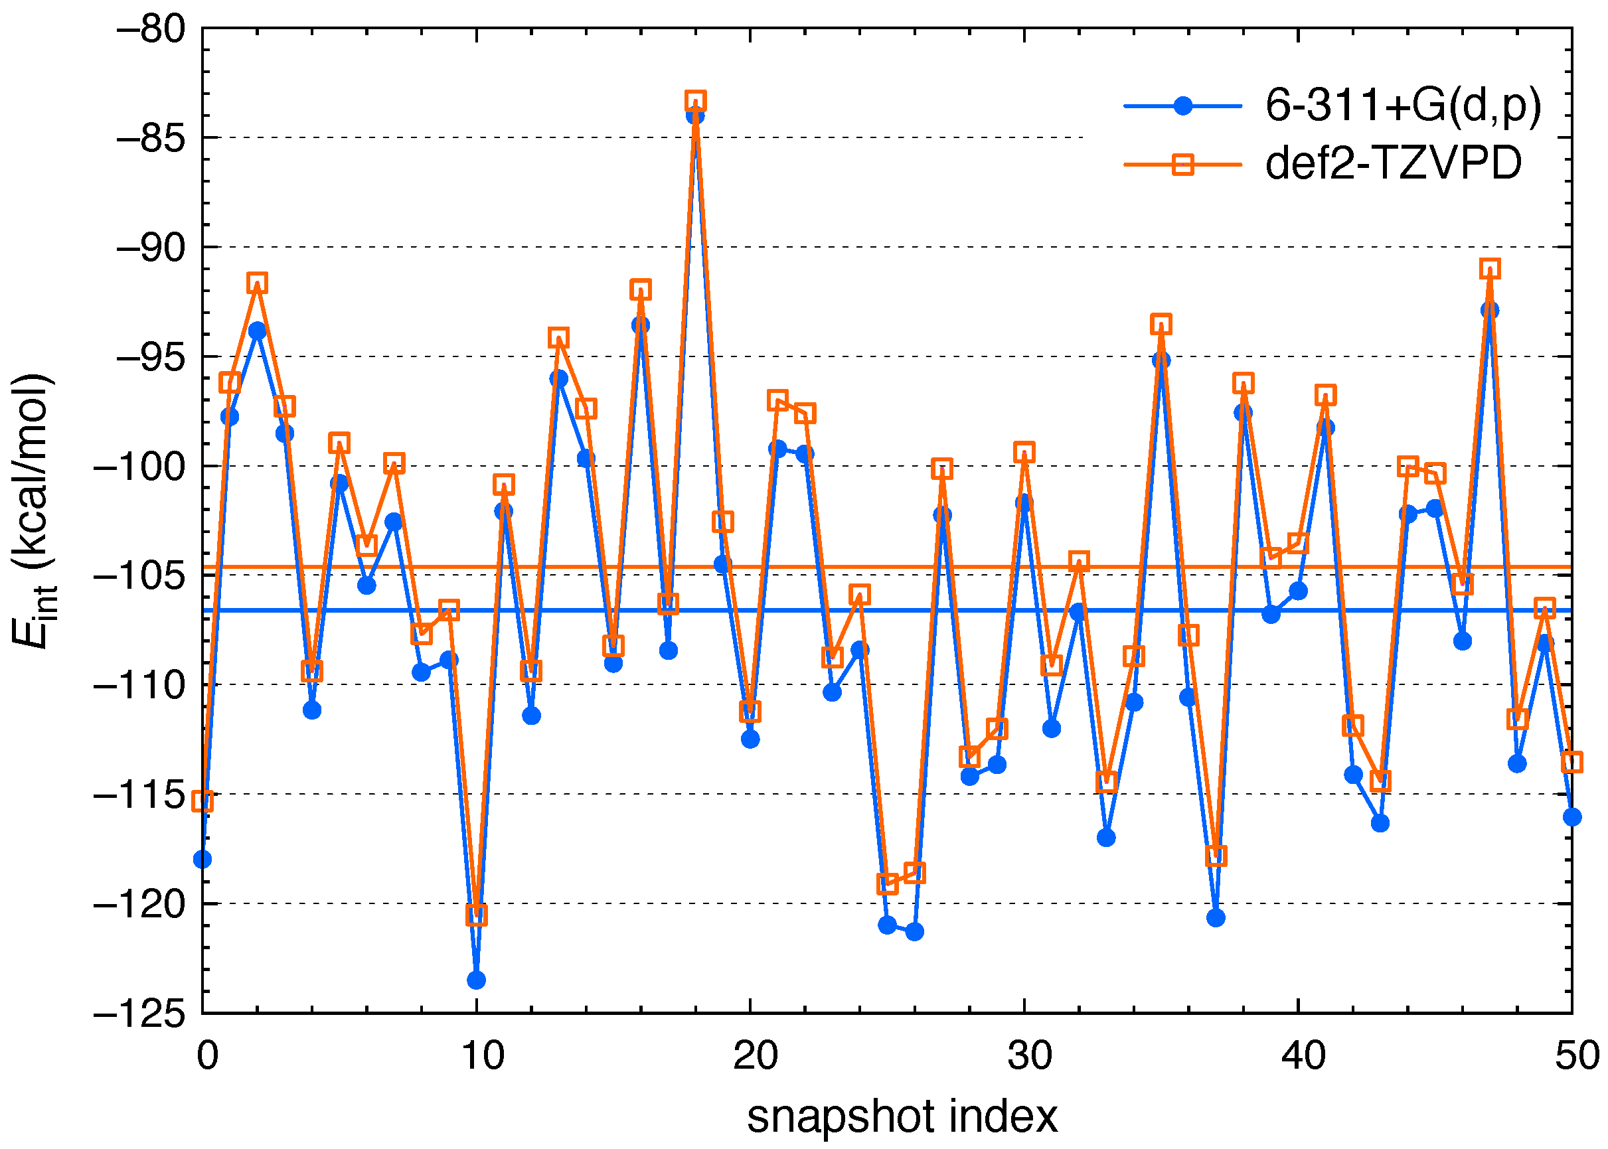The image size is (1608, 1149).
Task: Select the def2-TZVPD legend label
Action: click(1393, 164)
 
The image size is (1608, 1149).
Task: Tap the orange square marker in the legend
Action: click(1182, 165)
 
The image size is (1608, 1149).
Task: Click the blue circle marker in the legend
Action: click(1182, 106)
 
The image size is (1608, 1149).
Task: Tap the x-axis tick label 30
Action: click(1029, 1056)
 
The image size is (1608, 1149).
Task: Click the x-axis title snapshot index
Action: click(902, 1117)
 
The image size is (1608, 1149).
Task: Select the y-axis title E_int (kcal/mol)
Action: click(33, 509)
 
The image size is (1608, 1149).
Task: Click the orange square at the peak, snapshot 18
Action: click(696, 100)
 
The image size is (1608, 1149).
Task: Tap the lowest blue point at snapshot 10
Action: click(476, 980)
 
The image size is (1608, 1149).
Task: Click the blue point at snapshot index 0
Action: click(202, 859)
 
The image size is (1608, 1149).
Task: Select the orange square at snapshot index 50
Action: click(1572, 762)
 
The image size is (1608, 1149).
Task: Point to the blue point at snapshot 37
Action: click(1216, 917)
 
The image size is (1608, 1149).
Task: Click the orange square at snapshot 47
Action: click(1490, 269)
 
